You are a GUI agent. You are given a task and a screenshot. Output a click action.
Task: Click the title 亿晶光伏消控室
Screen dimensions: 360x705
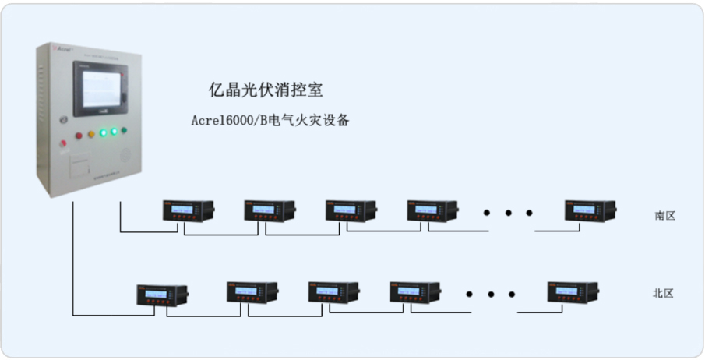click(x=266, y=90)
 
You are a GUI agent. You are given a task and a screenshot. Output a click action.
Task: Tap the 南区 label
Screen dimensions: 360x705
click(x=664, y=215)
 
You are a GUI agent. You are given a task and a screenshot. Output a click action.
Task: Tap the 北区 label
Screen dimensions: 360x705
click(x=663, y=293)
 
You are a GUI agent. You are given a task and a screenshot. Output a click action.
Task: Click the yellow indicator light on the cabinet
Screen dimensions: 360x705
click(x=90, y=134)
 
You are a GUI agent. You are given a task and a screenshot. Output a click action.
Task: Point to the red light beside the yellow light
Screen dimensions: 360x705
click(x=78, y=136)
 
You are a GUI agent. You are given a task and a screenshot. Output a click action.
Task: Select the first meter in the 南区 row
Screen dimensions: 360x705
click(x=188, y=210)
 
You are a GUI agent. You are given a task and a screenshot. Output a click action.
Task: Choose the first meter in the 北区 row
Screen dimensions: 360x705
click(x=161, y=294)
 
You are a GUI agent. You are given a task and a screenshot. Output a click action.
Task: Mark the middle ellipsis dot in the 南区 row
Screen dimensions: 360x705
click(x=508, y=212)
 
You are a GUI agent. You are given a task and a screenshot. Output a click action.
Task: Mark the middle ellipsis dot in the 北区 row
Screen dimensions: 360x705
click(x=491, y=294)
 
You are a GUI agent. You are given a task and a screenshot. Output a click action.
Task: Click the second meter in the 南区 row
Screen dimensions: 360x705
click(x=269, y=210)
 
